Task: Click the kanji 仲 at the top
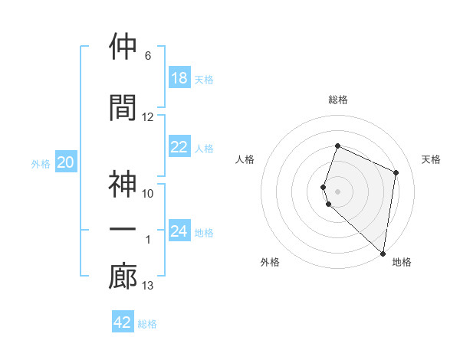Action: point(123,47)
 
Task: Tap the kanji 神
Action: point(123,185)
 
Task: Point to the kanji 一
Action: point(123,230)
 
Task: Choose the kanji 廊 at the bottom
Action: point(123,277)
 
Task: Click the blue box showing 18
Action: point(179,78)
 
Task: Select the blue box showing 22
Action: point(179,148)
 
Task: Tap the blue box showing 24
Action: point(179,232)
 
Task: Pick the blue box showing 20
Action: point(66,162)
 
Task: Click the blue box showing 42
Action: point(123,322)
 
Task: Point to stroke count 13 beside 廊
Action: point(148,286)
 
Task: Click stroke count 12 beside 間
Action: point(148,117)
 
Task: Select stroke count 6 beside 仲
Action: point(148,56)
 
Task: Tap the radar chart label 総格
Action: point(338,100)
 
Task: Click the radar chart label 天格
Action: point(432,159)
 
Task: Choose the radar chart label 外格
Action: point(270,262)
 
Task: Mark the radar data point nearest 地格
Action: point(383,254)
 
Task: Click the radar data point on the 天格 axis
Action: point(396,172)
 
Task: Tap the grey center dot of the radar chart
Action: point(338,191)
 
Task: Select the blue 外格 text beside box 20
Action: point(41,163)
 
